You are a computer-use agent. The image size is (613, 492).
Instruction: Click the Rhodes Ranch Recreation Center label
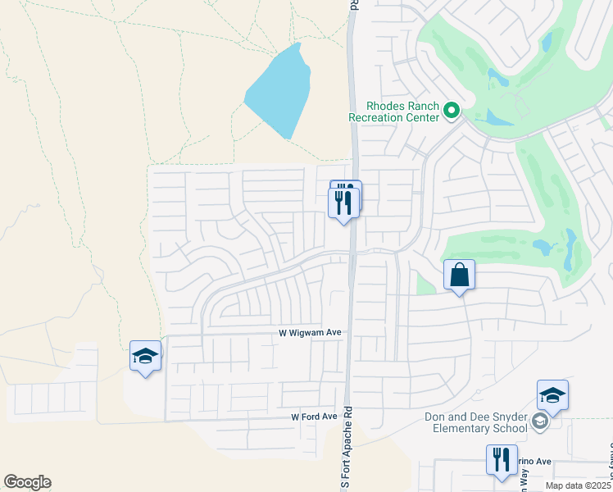[394, 112]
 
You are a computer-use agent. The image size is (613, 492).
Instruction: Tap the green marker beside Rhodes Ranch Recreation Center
[451, 110]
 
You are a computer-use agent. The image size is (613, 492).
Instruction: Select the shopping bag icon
[460, 276]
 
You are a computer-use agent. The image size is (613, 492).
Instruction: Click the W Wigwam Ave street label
[309, 333]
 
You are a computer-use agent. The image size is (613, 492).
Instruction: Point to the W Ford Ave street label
[315, 417]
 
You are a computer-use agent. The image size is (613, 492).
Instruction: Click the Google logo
[27, 482]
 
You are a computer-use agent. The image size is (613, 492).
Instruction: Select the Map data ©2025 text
[578, 485]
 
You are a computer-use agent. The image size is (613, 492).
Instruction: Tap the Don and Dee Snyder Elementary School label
[476, 422]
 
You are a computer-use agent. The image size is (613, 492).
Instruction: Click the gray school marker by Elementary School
[540, 421]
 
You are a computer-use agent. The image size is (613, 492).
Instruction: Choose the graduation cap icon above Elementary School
[552, 396]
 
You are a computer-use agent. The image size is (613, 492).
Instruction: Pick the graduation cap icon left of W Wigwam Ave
[145, 357]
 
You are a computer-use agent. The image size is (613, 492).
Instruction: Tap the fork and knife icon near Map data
[502, 460]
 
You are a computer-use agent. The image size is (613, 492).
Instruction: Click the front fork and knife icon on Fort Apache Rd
[343, 201]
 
